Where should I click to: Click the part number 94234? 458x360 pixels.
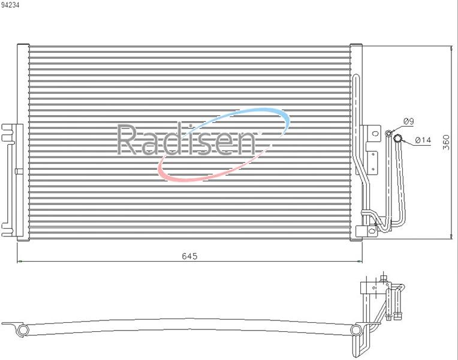pos(10,5)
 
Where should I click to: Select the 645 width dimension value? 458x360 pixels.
pos(189,256)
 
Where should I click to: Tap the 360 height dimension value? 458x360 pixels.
pos(446,142)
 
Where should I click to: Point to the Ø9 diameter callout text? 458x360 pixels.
pos(409,121)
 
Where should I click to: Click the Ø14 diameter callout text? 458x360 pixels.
pos(423,140)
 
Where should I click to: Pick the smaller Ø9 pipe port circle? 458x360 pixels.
pos(389,134)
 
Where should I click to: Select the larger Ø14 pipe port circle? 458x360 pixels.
pos(397,138)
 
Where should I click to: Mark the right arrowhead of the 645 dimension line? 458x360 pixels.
pos(360,261)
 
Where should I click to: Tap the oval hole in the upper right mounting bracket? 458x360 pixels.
pos(376,134)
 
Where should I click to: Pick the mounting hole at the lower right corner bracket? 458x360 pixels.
pos(372,230)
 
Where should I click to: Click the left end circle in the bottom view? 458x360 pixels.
pos(23,330)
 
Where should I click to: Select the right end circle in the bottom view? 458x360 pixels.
pos(355,330)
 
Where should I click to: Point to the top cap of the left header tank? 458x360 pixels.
pos(23,45)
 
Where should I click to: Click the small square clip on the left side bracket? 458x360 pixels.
pos(19,172)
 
